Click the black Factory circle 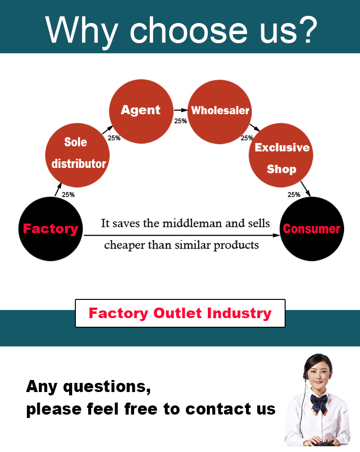pos(50,229)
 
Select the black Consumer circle pos(312,229)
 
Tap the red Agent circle pos(141,110)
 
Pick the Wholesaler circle pos(220,111)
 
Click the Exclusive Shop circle pos(281,155)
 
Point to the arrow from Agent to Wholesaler pos(180,110)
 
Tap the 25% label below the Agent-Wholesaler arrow pos(180,121)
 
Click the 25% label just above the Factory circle pos(68,195)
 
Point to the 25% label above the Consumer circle pos(294,195)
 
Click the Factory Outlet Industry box pos(180,313)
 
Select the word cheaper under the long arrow pos(123,245)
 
